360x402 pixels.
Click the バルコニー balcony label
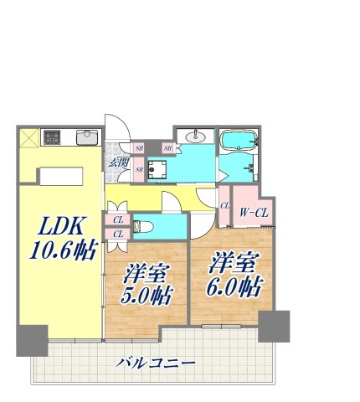(157, 363)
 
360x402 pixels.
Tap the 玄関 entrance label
(117, 161)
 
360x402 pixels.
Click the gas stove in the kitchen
(53, 137)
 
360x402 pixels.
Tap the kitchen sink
(86, 137)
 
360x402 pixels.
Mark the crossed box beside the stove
(28, 137)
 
